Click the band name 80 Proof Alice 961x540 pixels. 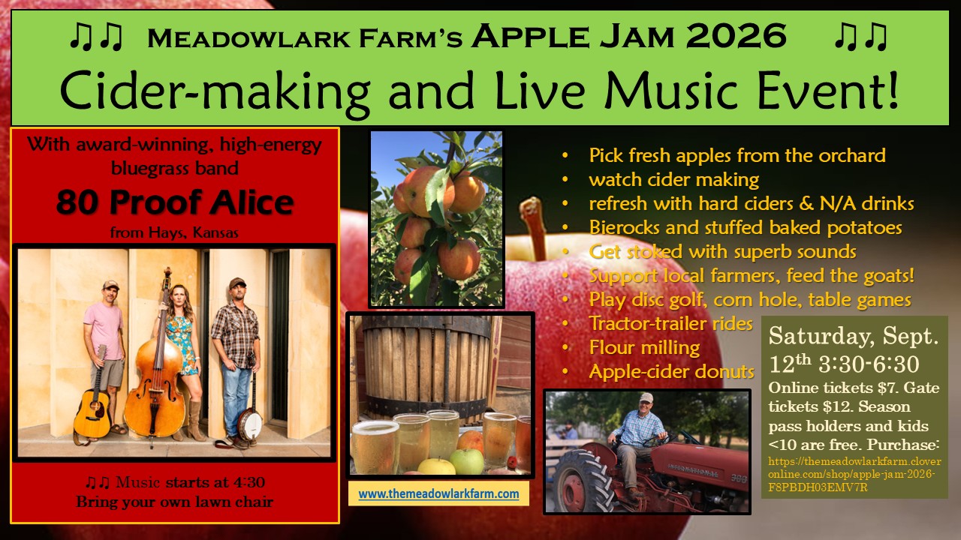pos(175,202)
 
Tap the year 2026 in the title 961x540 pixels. pos(737,36)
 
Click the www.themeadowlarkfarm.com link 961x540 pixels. pos(438,493)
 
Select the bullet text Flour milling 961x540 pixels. pos(644,347)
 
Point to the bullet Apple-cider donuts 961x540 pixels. pos(671,371)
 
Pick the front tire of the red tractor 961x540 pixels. pos(581,480)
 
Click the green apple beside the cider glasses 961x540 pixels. pos(466,461)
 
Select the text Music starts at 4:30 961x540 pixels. pos(190,482)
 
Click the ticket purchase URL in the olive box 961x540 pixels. pos(854,475)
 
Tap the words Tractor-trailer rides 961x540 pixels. pos(671,323)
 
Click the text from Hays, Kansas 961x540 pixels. pos(174,232)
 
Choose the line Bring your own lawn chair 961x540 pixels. pos(175,502)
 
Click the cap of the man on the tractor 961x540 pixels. pos(646,397)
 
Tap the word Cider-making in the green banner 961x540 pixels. pos(215,92)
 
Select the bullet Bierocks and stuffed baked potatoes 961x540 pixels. pos(746,227)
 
